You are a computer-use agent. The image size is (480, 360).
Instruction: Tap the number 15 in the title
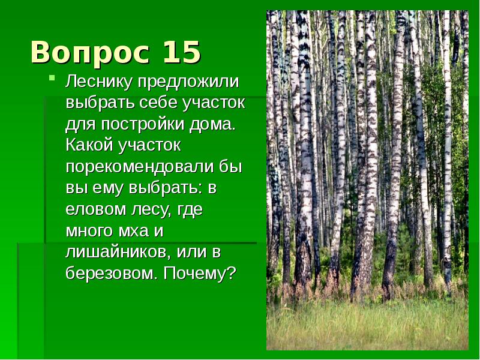click(x=181, y=53)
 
